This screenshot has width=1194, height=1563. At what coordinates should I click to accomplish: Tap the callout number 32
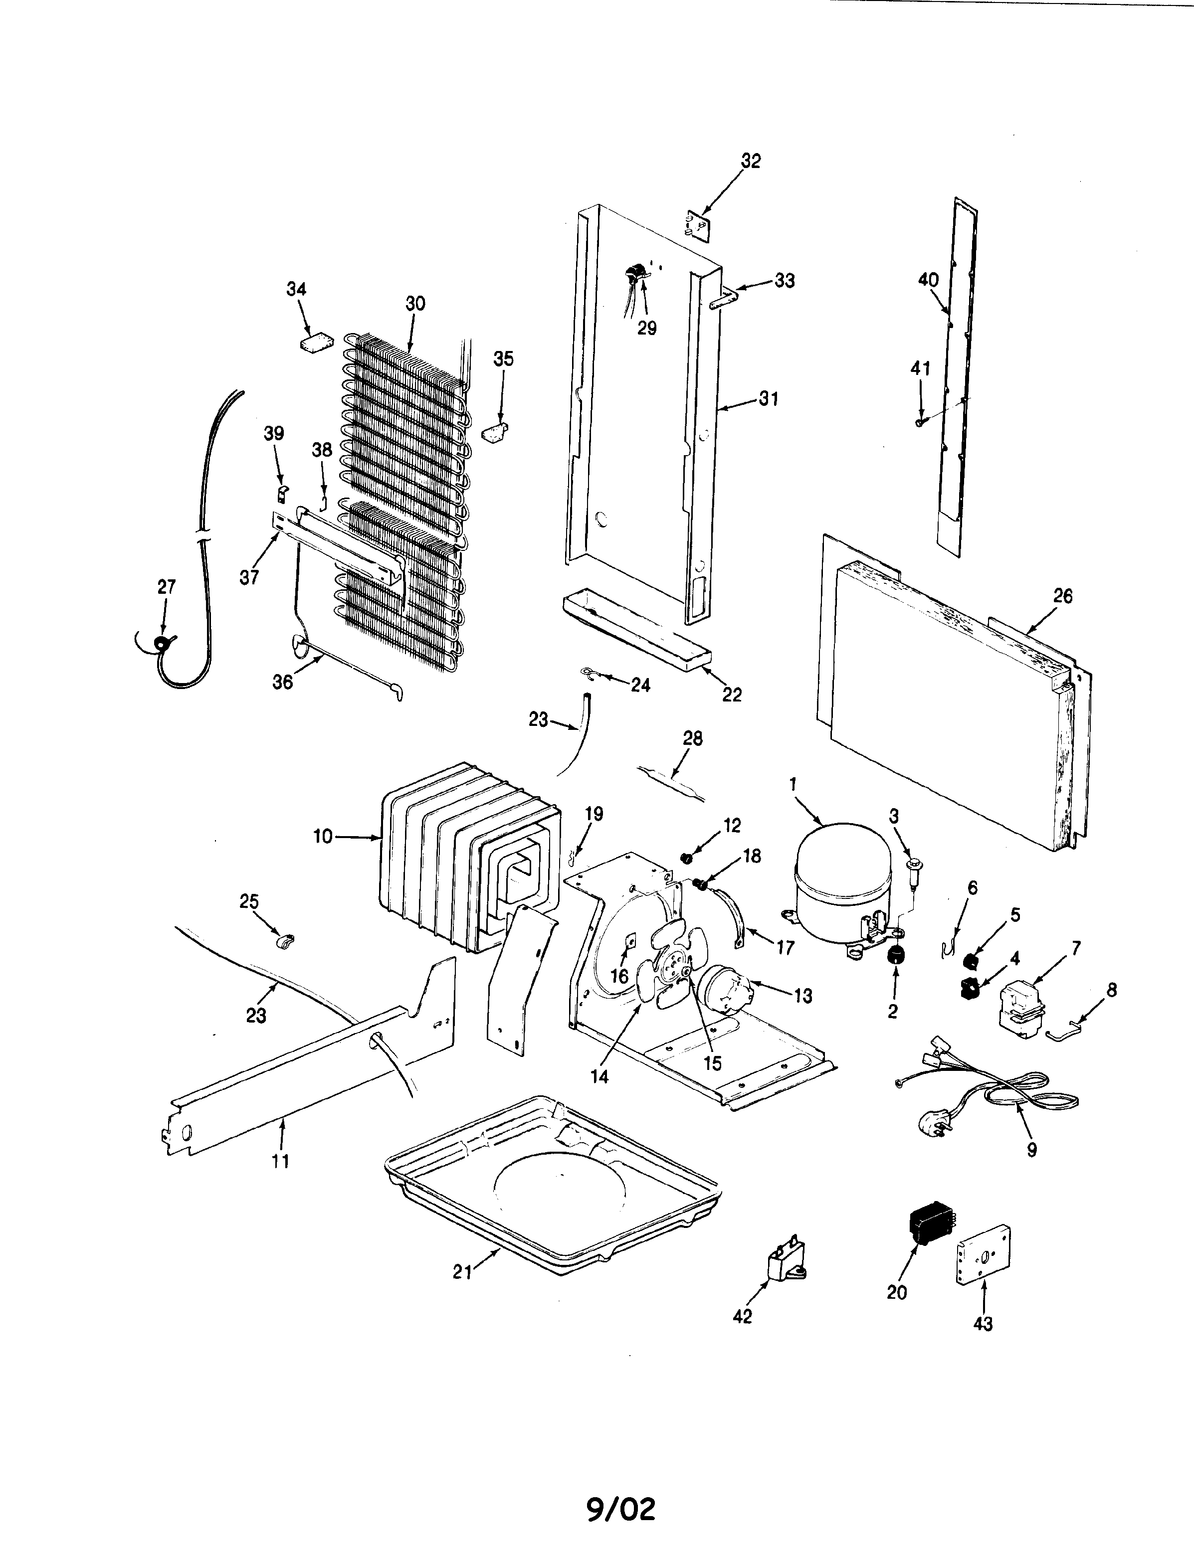click(x=751, y=161)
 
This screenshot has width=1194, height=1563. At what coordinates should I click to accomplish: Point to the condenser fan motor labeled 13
click(x=723, y=989)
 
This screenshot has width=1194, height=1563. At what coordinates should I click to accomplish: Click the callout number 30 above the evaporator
click(x=415, y=303)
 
